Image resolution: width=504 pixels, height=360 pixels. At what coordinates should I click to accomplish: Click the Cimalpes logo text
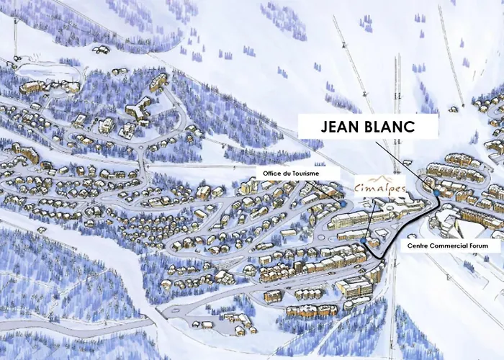click(381, 189)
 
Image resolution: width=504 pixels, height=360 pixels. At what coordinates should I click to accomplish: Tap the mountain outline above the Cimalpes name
click(381, 178)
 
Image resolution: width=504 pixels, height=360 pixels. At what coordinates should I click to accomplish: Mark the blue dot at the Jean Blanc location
click(437, 192)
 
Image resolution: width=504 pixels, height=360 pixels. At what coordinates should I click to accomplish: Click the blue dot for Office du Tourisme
click(343, 204)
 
